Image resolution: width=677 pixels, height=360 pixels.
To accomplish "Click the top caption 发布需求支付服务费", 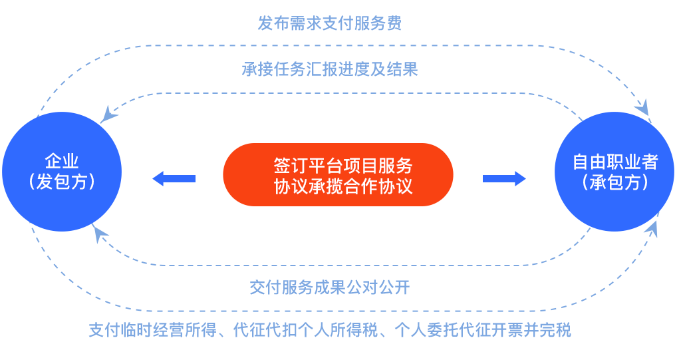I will click(x=330, y=23).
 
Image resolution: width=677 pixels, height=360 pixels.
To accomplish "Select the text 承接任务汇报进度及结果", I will click(x=331, y=69).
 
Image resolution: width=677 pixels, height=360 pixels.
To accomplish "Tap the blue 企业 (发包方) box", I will click(x=62, y=172).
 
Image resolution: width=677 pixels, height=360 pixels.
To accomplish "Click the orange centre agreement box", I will click(x=338, y=174).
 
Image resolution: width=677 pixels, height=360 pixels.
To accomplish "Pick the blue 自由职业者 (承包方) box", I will click(x=614, y=172).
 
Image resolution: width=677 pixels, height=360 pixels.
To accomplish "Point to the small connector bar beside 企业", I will click(x=173, y=178).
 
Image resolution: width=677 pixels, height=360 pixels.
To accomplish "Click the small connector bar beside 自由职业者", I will click(x=504, y=178).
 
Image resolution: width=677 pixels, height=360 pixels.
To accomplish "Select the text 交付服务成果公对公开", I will click(x=331, y=288).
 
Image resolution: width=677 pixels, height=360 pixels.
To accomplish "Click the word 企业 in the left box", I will click(x=62, y=162).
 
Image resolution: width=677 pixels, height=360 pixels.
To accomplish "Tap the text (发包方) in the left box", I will click(x=62, y=182).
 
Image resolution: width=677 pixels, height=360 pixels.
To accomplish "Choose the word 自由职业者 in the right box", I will click(x=615, y=162).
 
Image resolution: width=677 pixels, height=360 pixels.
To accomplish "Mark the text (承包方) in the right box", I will click(x=615, y=182).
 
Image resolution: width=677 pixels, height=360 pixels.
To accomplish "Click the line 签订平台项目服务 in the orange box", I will click(x=343, y=165).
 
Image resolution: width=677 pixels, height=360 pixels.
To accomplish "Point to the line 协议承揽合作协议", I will click(x=343, y=186).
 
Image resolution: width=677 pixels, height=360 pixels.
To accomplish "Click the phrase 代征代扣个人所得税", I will click(x=306, y=330).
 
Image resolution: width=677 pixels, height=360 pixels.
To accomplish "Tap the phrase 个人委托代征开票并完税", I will click(x=483, y=330).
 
